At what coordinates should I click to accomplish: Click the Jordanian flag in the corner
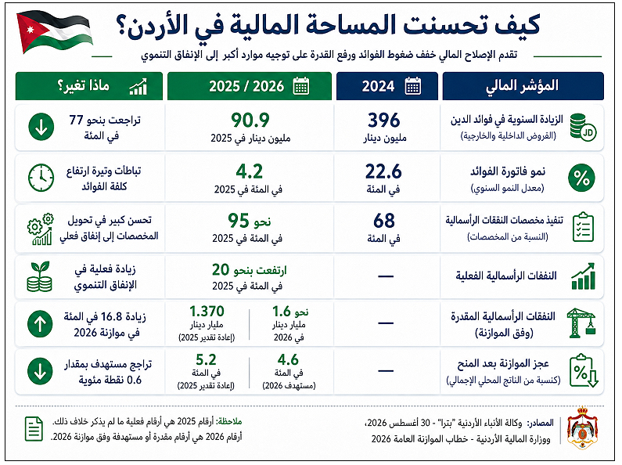(x=54, y=31)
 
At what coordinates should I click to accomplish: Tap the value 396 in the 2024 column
(x=383, y=121)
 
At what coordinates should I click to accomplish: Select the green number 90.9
(x=250, y=121)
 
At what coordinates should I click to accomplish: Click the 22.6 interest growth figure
(x=383, y=171)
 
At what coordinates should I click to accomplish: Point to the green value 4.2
(x=249, y=171)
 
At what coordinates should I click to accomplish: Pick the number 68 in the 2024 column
(x=383, y=221)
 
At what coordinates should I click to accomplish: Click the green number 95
(x=238, y=221)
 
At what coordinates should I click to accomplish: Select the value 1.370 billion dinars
(x=207, y=311)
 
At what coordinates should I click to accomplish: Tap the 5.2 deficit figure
(x=206, y=359)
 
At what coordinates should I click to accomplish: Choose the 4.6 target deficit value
(x=288, y=359)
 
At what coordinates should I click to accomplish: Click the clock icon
(x=41, y=178)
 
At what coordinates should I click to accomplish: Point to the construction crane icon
(x=582, y=323)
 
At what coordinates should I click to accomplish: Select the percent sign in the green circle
(x=581, y=178)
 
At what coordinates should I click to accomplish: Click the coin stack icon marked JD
(x=583, y=127)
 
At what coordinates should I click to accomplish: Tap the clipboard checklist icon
(x=583, y=227)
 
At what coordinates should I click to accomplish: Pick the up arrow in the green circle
(x=40, y=323)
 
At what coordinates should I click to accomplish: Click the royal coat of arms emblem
(x=582, y=427)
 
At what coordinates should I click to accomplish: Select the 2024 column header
(x=387, y=86)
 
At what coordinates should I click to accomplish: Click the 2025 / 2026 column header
(x=249, y=86)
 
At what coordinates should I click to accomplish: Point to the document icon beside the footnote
(x=34, y=429)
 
